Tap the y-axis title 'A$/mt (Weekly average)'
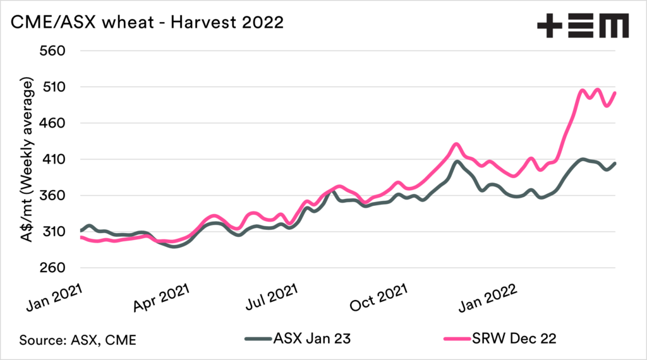tap(28, 160)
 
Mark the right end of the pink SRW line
tap(615, 93)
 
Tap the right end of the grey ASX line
tap(615, 163)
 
